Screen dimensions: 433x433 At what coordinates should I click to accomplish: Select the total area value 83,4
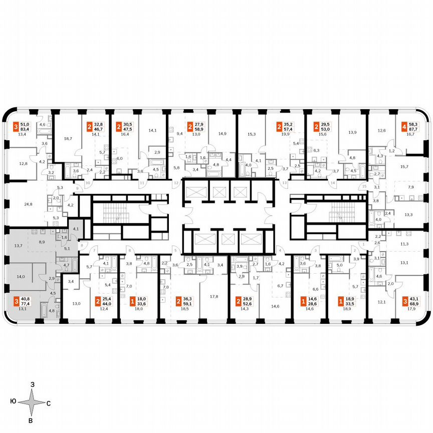click(x=24, y=129)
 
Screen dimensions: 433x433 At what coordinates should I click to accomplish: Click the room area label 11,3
click(x=404, y=244)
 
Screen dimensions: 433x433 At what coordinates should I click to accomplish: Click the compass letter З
click(x=32, y=384)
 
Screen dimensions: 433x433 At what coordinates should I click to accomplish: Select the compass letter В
click(x=31, y=420)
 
